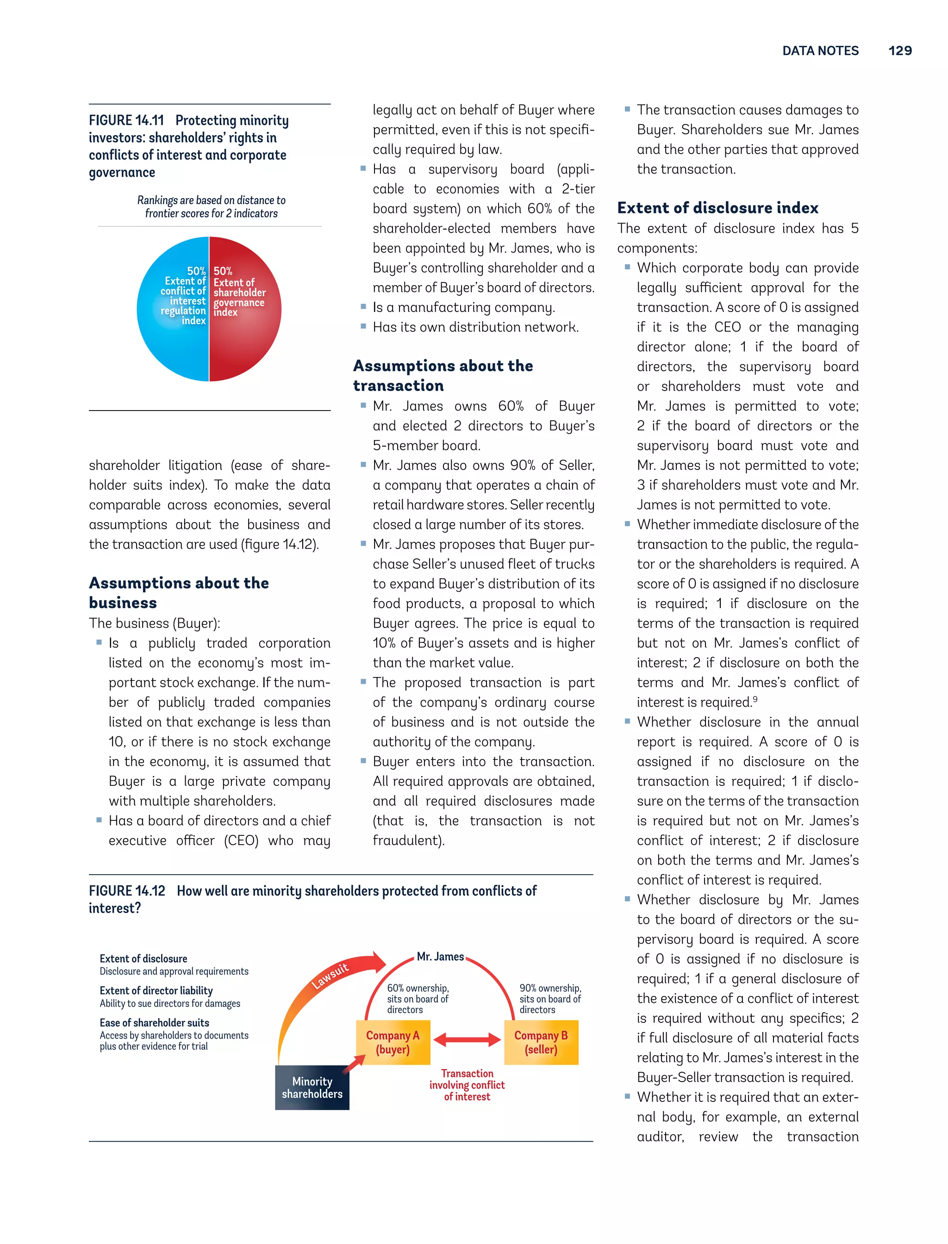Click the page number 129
899,51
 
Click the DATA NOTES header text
820,51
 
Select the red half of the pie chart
248,344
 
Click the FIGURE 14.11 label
126,121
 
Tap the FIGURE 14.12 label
126,891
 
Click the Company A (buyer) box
393,1042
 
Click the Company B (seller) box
541,1042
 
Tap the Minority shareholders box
312,1087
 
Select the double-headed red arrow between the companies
467,1039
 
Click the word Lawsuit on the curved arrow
330,976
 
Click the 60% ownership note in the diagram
418,999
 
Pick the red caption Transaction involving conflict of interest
467,1085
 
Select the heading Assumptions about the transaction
443,375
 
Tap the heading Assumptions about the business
178,592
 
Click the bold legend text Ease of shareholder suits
154,1022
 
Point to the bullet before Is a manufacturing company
363,306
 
